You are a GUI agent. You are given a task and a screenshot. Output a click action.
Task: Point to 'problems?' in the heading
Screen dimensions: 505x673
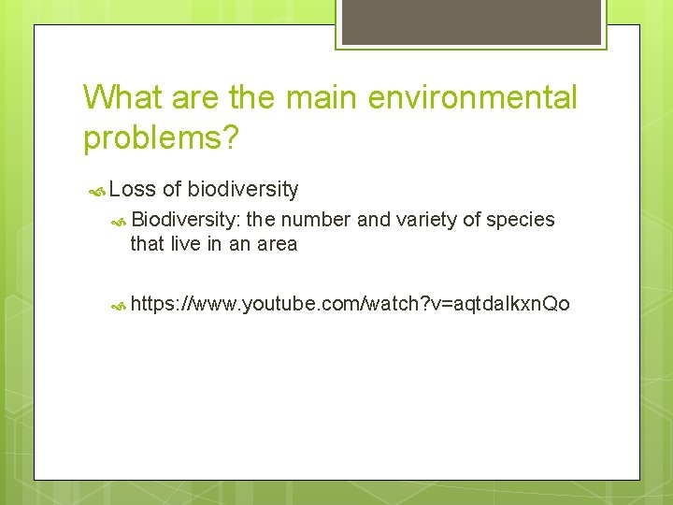tap(162, 137)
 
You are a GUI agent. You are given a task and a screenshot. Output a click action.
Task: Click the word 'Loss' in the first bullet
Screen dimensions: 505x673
tap(132, 190)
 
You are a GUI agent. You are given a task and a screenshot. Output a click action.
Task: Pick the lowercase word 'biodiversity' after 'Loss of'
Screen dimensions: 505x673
tap(243, 190)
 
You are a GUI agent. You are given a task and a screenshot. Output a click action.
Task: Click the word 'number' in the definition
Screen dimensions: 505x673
tap(316, 220)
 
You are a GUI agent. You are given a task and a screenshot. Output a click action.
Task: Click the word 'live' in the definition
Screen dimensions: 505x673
tap(184, 244)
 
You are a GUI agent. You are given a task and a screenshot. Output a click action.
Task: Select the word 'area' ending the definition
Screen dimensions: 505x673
tap(277, 244)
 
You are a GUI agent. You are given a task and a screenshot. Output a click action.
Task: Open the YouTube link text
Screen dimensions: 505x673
tap(350, 304)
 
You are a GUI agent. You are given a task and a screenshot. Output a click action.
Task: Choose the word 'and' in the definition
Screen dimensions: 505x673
tap(374, 220)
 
